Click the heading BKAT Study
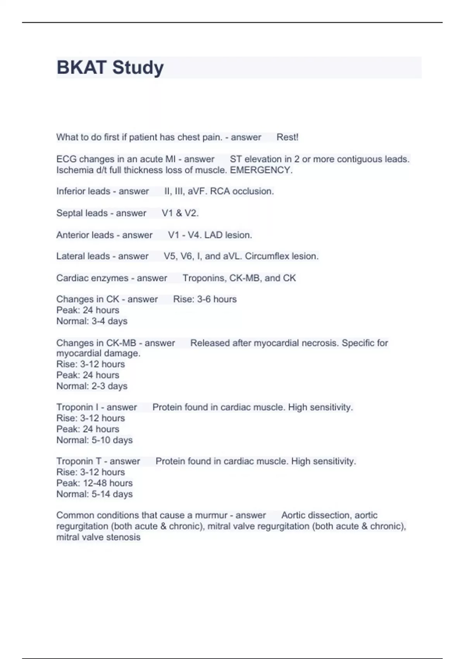[x=110, y=67]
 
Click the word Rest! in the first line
[x=287, y=137]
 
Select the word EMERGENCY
[x=261, y=170]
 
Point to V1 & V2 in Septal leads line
[x=180, y=213]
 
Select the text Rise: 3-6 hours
[x=205, y=299]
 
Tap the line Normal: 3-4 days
[x=92, y=321]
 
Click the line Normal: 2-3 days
[x=92, y=386]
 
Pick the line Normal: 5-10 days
[x=95, y=440]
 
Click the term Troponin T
[x=79, y=461]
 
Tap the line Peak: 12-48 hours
[x=95, y=483]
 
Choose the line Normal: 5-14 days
[x=95, y=494]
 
